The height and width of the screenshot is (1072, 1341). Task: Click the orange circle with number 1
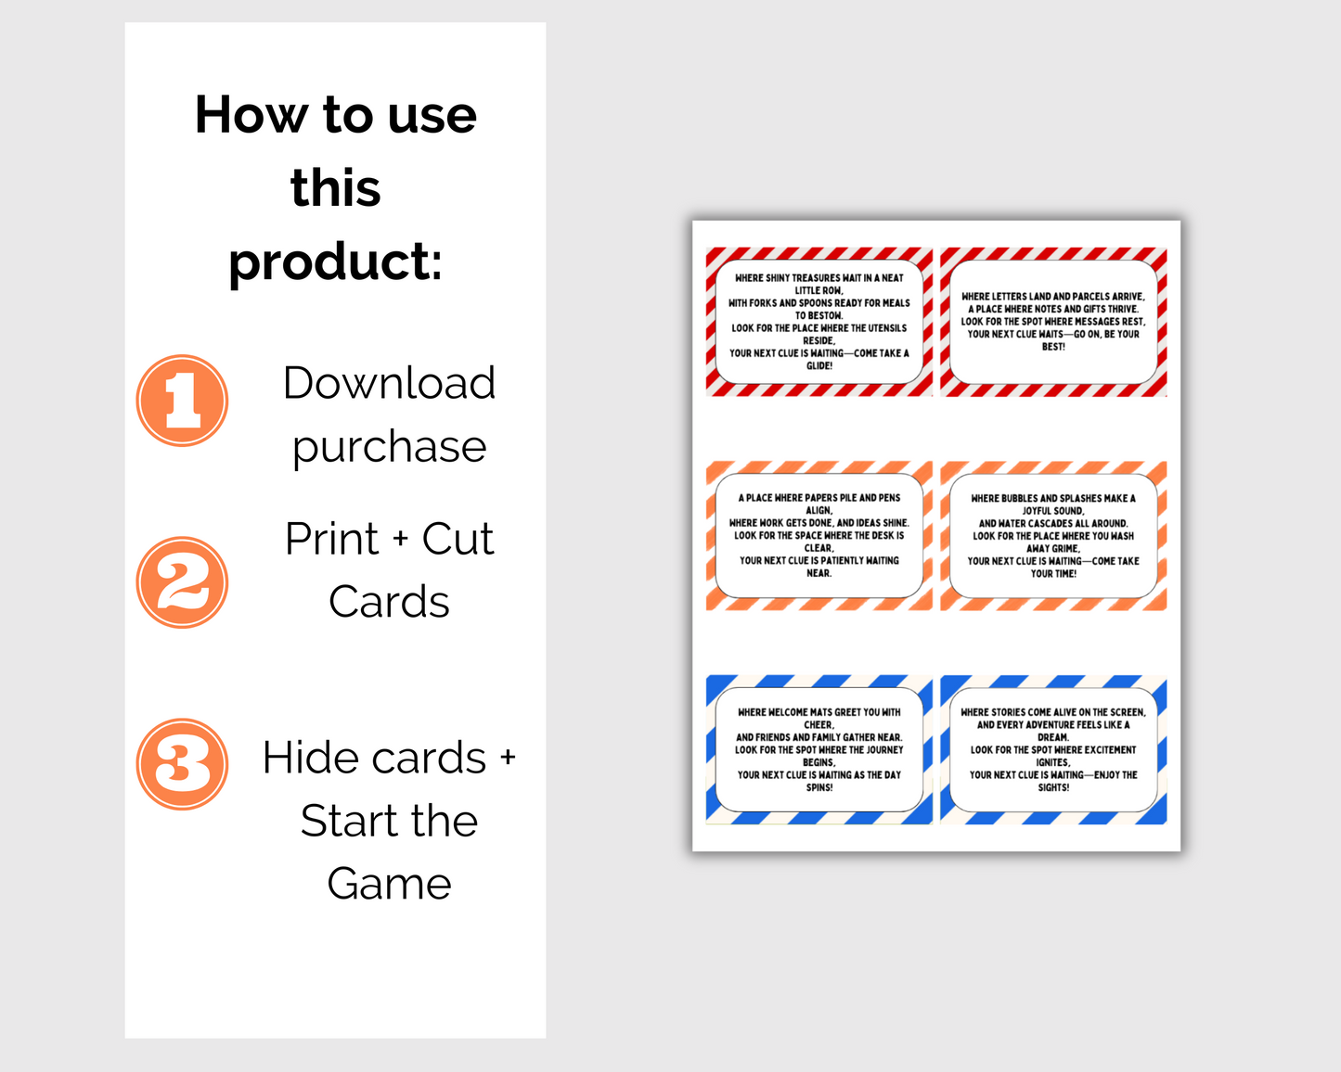pos(182,401)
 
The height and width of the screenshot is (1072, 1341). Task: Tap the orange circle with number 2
pos(182,582)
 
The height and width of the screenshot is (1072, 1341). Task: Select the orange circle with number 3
pos(182,764)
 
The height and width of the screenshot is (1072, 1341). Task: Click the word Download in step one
pos(390,382)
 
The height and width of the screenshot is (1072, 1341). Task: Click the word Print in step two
pos(331,538)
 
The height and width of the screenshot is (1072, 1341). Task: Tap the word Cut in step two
pos(458,538)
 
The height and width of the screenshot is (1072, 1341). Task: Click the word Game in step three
pos(390,884)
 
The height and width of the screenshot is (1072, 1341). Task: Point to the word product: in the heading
pos(336,262)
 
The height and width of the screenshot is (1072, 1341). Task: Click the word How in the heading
pos(251,115)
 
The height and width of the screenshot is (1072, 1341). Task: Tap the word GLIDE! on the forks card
pos(819,365)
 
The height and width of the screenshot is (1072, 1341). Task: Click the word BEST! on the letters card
pos(1053,347)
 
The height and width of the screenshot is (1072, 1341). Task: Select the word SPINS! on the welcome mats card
pos(819,787)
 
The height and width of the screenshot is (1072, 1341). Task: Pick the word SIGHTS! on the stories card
pos(1053,787)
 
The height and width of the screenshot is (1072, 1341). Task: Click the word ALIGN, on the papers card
pos(819,511)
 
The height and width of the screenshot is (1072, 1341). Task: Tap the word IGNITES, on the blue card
pos(1053,762)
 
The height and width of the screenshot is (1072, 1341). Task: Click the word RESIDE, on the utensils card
pos(819,340)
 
